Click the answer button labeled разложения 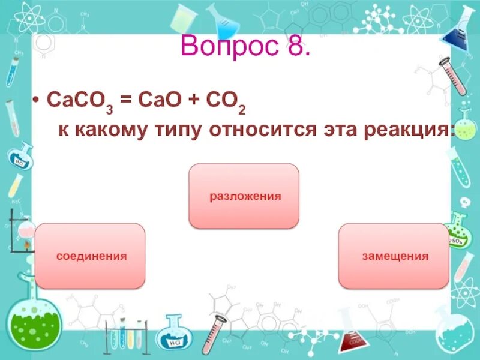point(244,196)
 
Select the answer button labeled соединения point(91,256)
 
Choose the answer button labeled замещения point(394,256)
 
